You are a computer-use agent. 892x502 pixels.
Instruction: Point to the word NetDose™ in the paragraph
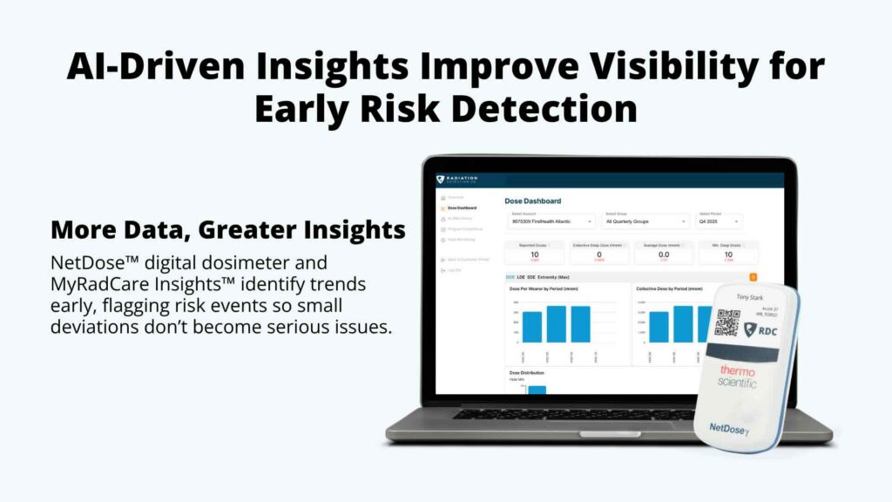[88, 262]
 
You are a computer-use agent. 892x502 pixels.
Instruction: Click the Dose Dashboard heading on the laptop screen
[532, 201]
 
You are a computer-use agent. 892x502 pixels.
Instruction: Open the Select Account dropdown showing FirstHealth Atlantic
[550, 222]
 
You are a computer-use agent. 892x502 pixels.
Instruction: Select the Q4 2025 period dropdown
[720, 222]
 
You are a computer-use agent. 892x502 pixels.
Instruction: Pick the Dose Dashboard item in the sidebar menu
[462, 208]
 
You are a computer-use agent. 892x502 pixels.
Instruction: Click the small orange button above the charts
[753, 277]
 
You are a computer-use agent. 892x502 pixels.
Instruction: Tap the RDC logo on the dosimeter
[760, 329]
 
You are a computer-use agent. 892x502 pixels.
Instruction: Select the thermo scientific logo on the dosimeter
[737, 376]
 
